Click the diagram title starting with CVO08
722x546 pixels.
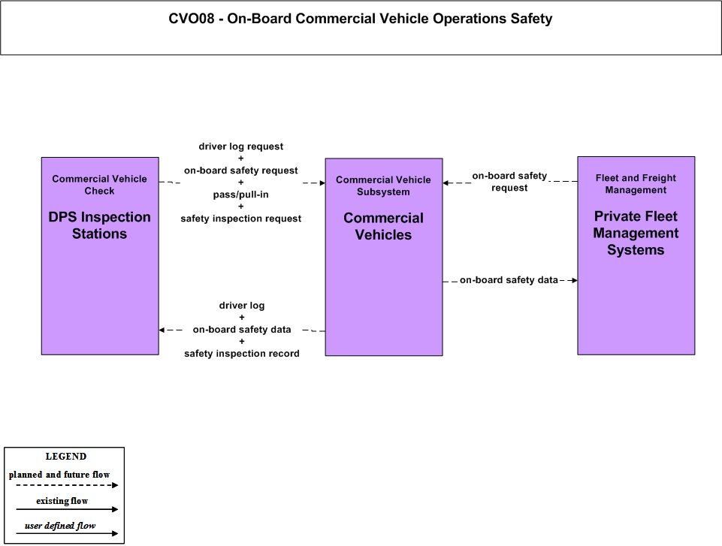(x=360, y=19)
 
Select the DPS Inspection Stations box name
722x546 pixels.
(x=99, y=225)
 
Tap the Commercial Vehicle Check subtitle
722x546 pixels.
(x=99, y=185)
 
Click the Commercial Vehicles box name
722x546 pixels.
(x=384, y=226)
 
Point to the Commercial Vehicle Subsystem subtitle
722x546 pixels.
(x=384, y=186)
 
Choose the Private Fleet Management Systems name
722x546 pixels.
(x=636, y=233)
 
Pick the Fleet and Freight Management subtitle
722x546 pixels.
(x=636, y=184)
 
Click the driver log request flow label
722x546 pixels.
(x=241, y=146)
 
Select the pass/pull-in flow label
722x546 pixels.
(x=241, y=195)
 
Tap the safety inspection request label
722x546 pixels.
(x=241, y=219)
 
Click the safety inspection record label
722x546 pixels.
(x=242, y=353)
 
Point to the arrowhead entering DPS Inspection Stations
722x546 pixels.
(x=162, y=330)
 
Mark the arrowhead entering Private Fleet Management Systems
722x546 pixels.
(x=575, y=280)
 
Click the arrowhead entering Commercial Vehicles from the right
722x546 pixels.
(x=446, y=183)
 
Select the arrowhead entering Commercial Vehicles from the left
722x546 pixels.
(x=322, y=183)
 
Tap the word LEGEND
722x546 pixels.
(x=66, y=456)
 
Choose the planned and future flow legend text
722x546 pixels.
(x=59, y=474)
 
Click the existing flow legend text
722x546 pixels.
(x=62, y=500)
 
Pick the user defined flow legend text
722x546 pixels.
(x=60, y=525)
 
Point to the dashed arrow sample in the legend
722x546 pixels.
(x=67, y=484)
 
